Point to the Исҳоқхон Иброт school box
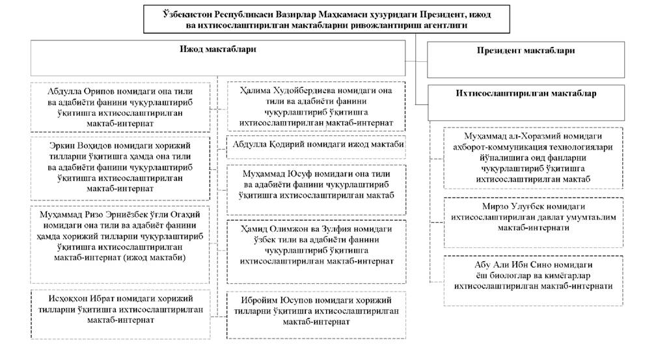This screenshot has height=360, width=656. [121, 312]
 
